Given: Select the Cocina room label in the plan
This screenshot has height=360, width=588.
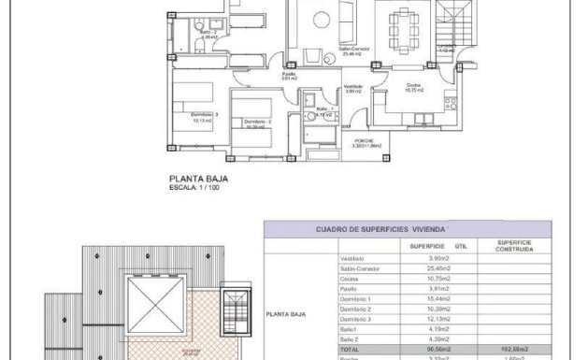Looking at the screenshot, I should [x=413, y=87].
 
